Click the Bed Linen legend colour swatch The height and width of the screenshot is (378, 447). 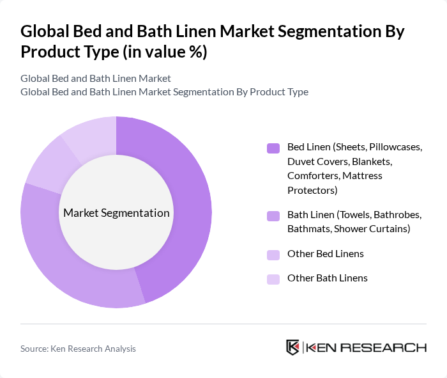[x=273, y=148]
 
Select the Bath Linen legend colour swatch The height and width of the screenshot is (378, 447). [x=273, y=216]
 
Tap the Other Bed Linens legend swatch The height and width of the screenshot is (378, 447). [x=273, y=255]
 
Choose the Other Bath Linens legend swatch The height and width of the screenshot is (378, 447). [x=273, y=279]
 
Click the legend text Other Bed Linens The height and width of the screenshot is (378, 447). [x=326, y=254]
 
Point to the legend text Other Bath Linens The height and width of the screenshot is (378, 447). [x=328, y=278]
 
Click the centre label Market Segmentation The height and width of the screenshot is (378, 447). [x=116, y=213]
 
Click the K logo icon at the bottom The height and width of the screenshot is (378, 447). [x=293, y=347]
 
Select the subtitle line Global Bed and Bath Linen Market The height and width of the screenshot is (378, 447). [x=96, y=79]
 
